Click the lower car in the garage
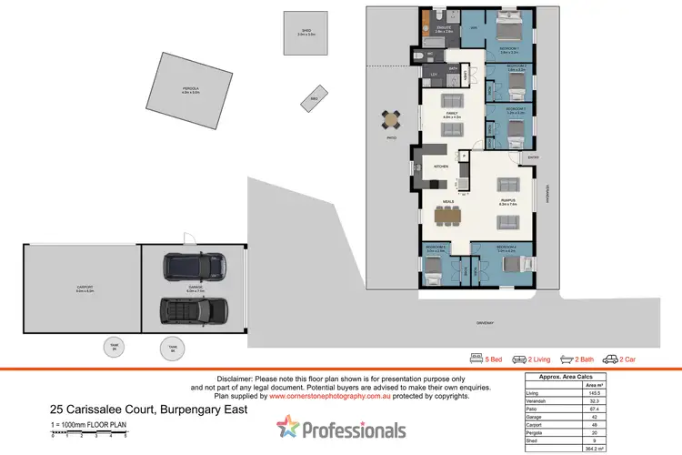[x=186, y=309]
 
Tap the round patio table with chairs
[x=391, y=119]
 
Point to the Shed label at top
[x=306, y=32]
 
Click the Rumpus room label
[x=506, y=202]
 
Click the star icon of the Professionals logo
[x=289, y=426]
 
